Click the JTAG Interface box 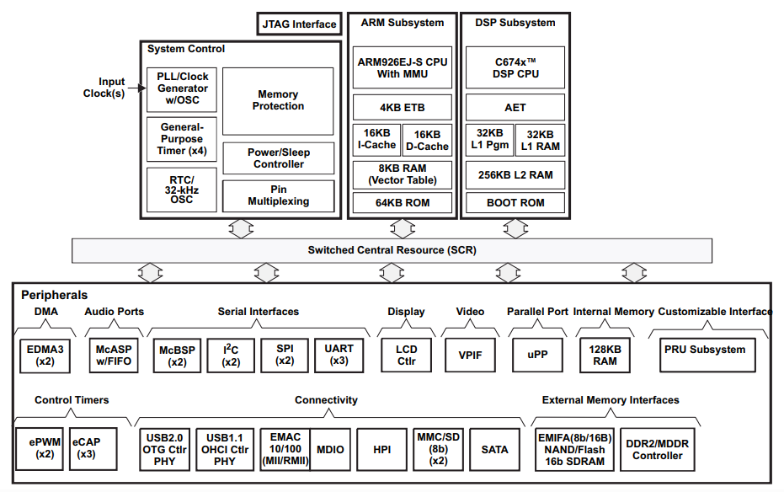299,24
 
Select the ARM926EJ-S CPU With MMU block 403,67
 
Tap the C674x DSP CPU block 515,67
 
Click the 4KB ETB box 403,108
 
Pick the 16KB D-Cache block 427,140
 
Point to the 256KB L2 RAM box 515,175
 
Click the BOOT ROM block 515,202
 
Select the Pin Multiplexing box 278,195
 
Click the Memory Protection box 278,101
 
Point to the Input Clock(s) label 105,88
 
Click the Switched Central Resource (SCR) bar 391,250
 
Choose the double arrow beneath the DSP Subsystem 515,228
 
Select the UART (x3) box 339,355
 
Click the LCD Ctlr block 406,355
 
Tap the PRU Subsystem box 705,350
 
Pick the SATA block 494,450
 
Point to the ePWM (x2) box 40,448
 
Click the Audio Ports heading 115,312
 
